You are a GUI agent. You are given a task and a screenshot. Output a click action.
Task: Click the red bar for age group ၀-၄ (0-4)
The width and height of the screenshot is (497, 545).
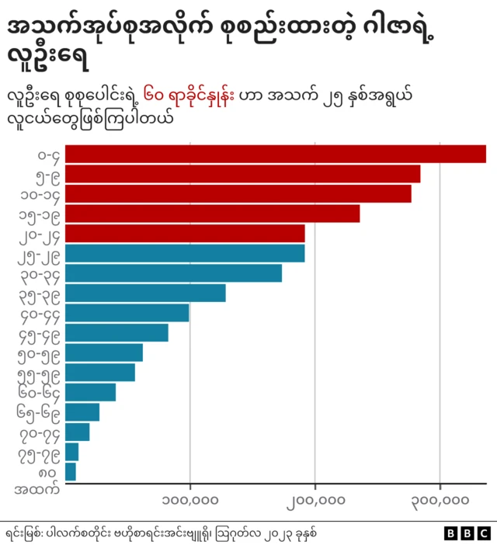pos(275,154)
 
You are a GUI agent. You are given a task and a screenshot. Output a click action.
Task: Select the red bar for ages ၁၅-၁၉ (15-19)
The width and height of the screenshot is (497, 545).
pos(212,213)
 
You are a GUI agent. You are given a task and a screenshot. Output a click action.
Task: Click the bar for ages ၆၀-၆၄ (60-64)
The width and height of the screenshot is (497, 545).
pos(90,392)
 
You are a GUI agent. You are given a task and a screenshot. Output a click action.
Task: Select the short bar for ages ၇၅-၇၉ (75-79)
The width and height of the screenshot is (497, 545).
pos(71,452)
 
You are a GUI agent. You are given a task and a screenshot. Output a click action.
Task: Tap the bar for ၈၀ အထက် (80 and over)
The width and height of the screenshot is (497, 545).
pos(71,471)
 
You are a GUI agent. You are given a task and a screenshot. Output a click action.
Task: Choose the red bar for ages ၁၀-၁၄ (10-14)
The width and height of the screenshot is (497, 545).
pos(238,193)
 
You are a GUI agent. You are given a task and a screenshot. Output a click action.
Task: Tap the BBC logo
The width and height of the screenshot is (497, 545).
pos(467,533)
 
